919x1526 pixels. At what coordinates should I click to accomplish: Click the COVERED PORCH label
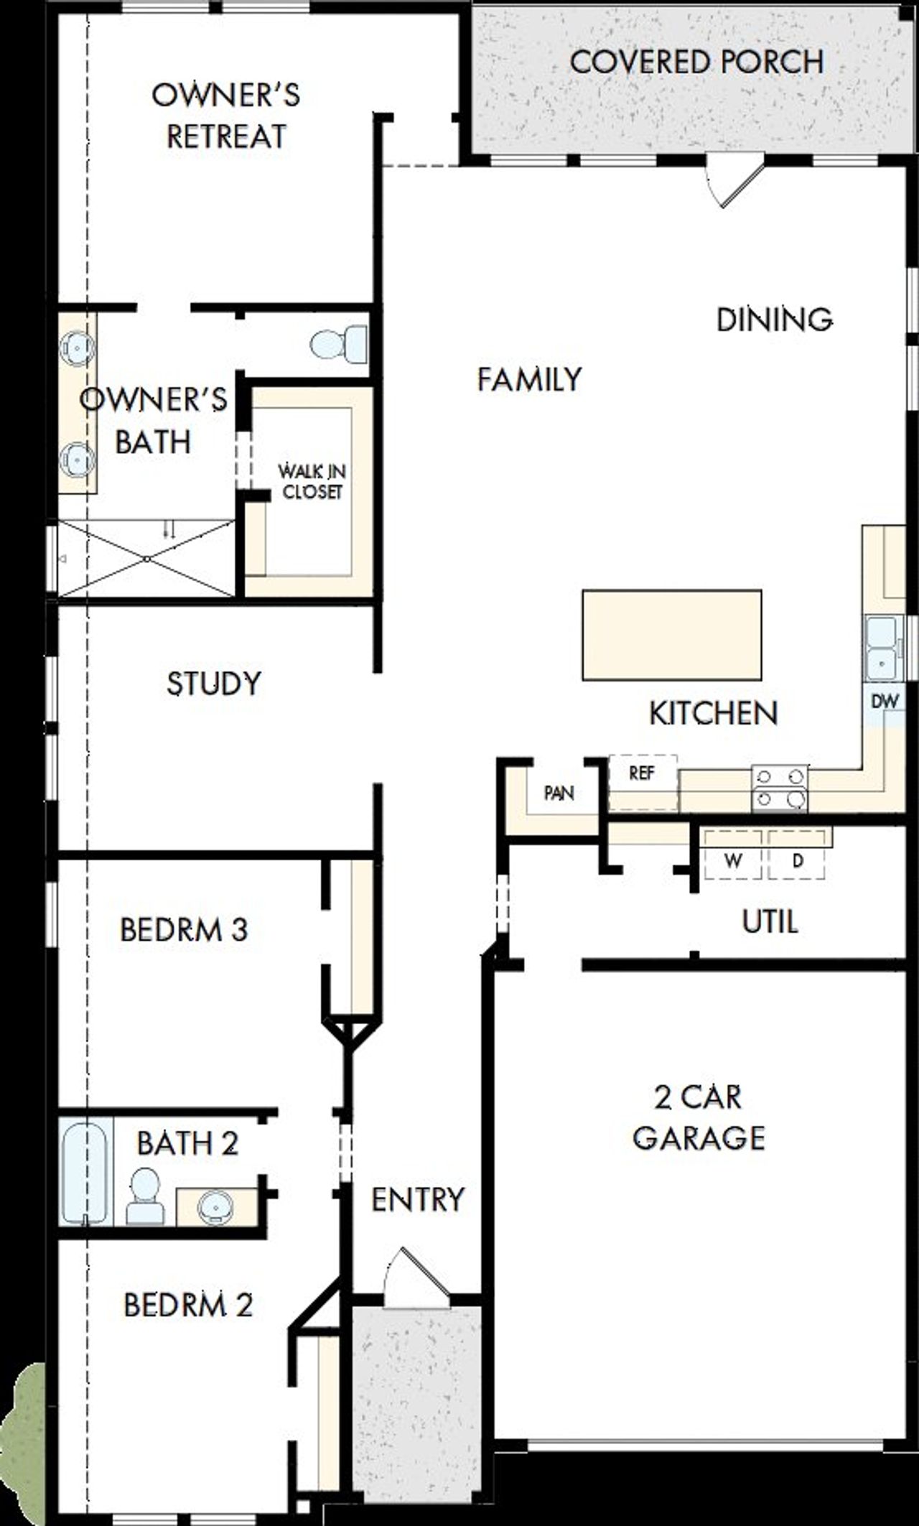[696, 62]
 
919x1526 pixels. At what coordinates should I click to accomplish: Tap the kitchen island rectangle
[671, 635]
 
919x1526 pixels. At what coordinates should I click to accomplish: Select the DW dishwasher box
[885, 701]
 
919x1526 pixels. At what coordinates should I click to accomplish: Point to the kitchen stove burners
[779, 787]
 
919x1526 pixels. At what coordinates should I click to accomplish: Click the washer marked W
[732, 860]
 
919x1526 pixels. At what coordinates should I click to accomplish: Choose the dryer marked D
[796, 860]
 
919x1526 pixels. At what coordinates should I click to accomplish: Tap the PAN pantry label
[559, 793]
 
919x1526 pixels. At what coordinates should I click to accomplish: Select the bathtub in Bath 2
[85, 1171]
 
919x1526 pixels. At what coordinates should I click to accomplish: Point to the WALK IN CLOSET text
[312, 482]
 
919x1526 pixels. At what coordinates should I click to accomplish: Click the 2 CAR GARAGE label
[698, 1117]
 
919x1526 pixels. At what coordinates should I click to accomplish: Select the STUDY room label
[213, 683]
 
